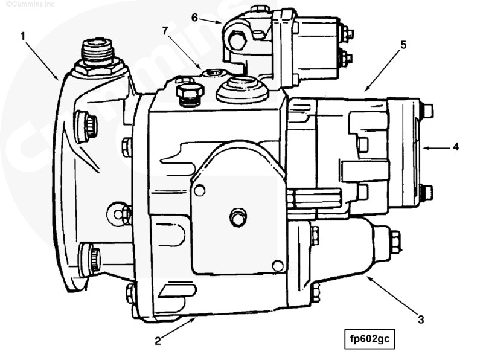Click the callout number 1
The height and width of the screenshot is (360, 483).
pyautogui.click(x=22, y=36)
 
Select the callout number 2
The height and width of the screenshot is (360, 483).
pyautogui.click(x=158, y=341)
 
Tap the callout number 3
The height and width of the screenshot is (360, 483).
pyautogui.click(x=421, y=320)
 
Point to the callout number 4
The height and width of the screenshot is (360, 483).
pyautogui.click(x=456, y=147)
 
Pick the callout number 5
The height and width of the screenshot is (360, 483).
pyautogui.click(x=403, y=45)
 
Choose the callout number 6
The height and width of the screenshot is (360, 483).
pyautogui.click(x=194, y=18)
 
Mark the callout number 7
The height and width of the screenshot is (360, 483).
pyautogui.click(x=165, y=31)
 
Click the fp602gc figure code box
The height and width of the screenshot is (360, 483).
pyautogui.click(x=369, y=339)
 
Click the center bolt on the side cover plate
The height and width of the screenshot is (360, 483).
pyautogui.click(x=237, y=217)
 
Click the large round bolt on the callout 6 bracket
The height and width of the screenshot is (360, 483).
pyautogui.click(x=237, y=42)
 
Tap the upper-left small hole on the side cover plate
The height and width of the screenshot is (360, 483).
pyautogui.click(x=200, y=190)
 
